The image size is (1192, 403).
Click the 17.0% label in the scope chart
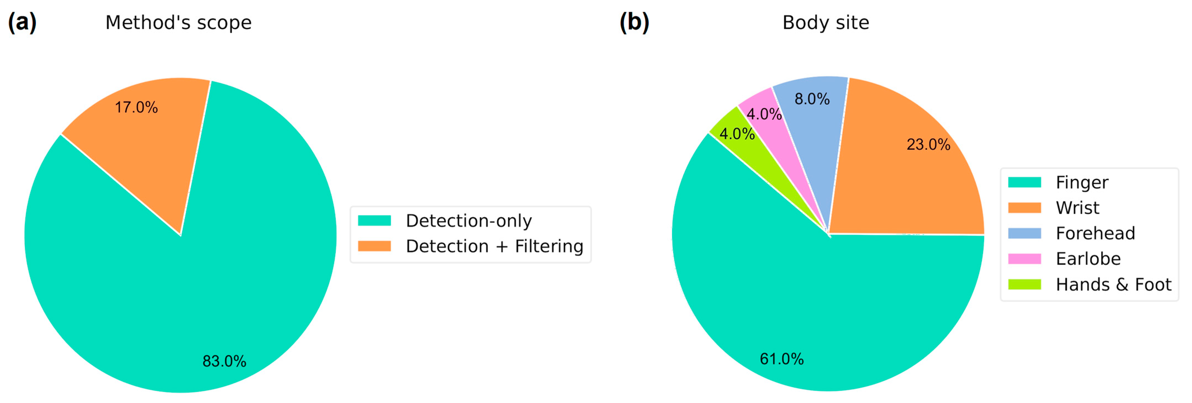click(136, 107)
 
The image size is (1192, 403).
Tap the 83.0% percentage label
click(224, 361)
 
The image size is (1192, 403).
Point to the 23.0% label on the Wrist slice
click(928, 144)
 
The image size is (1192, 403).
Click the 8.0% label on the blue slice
click(812, 99)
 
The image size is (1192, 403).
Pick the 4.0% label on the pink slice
click(764, 114)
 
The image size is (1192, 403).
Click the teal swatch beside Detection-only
click(374, 221)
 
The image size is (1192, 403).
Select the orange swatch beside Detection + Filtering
click(374, 246)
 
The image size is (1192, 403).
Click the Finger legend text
click(1082, 182)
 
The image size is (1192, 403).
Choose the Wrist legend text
click(1077, 208)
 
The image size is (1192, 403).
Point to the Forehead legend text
click(1095, 233)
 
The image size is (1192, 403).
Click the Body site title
click(826, 22)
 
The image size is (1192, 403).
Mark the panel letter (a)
click(22, 22)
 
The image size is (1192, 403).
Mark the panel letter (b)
click(635, 22)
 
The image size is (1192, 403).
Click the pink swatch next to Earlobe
click(1024, 259)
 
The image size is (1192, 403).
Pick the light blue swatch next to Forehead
click(1024, 233)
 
